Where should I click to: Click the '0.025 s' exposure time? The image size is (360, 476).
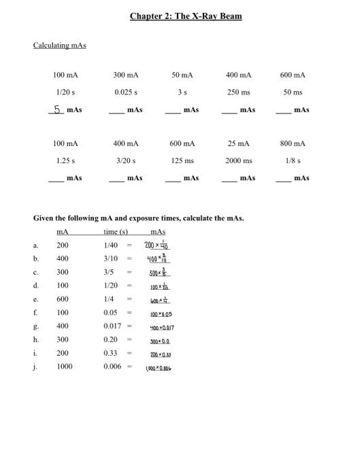click(x=126, y=92)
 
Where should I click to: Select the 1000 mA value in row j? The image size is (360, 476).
click(x=64, y=367)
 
